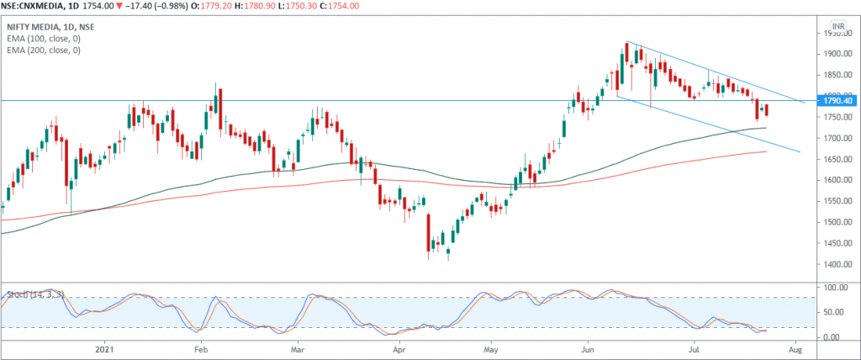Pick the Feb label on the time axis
point(200,347)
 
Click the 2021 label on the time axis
point(104,347)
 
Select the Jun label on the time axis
point(587,347)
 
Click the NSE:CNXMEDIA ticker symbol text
point(38,6)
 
